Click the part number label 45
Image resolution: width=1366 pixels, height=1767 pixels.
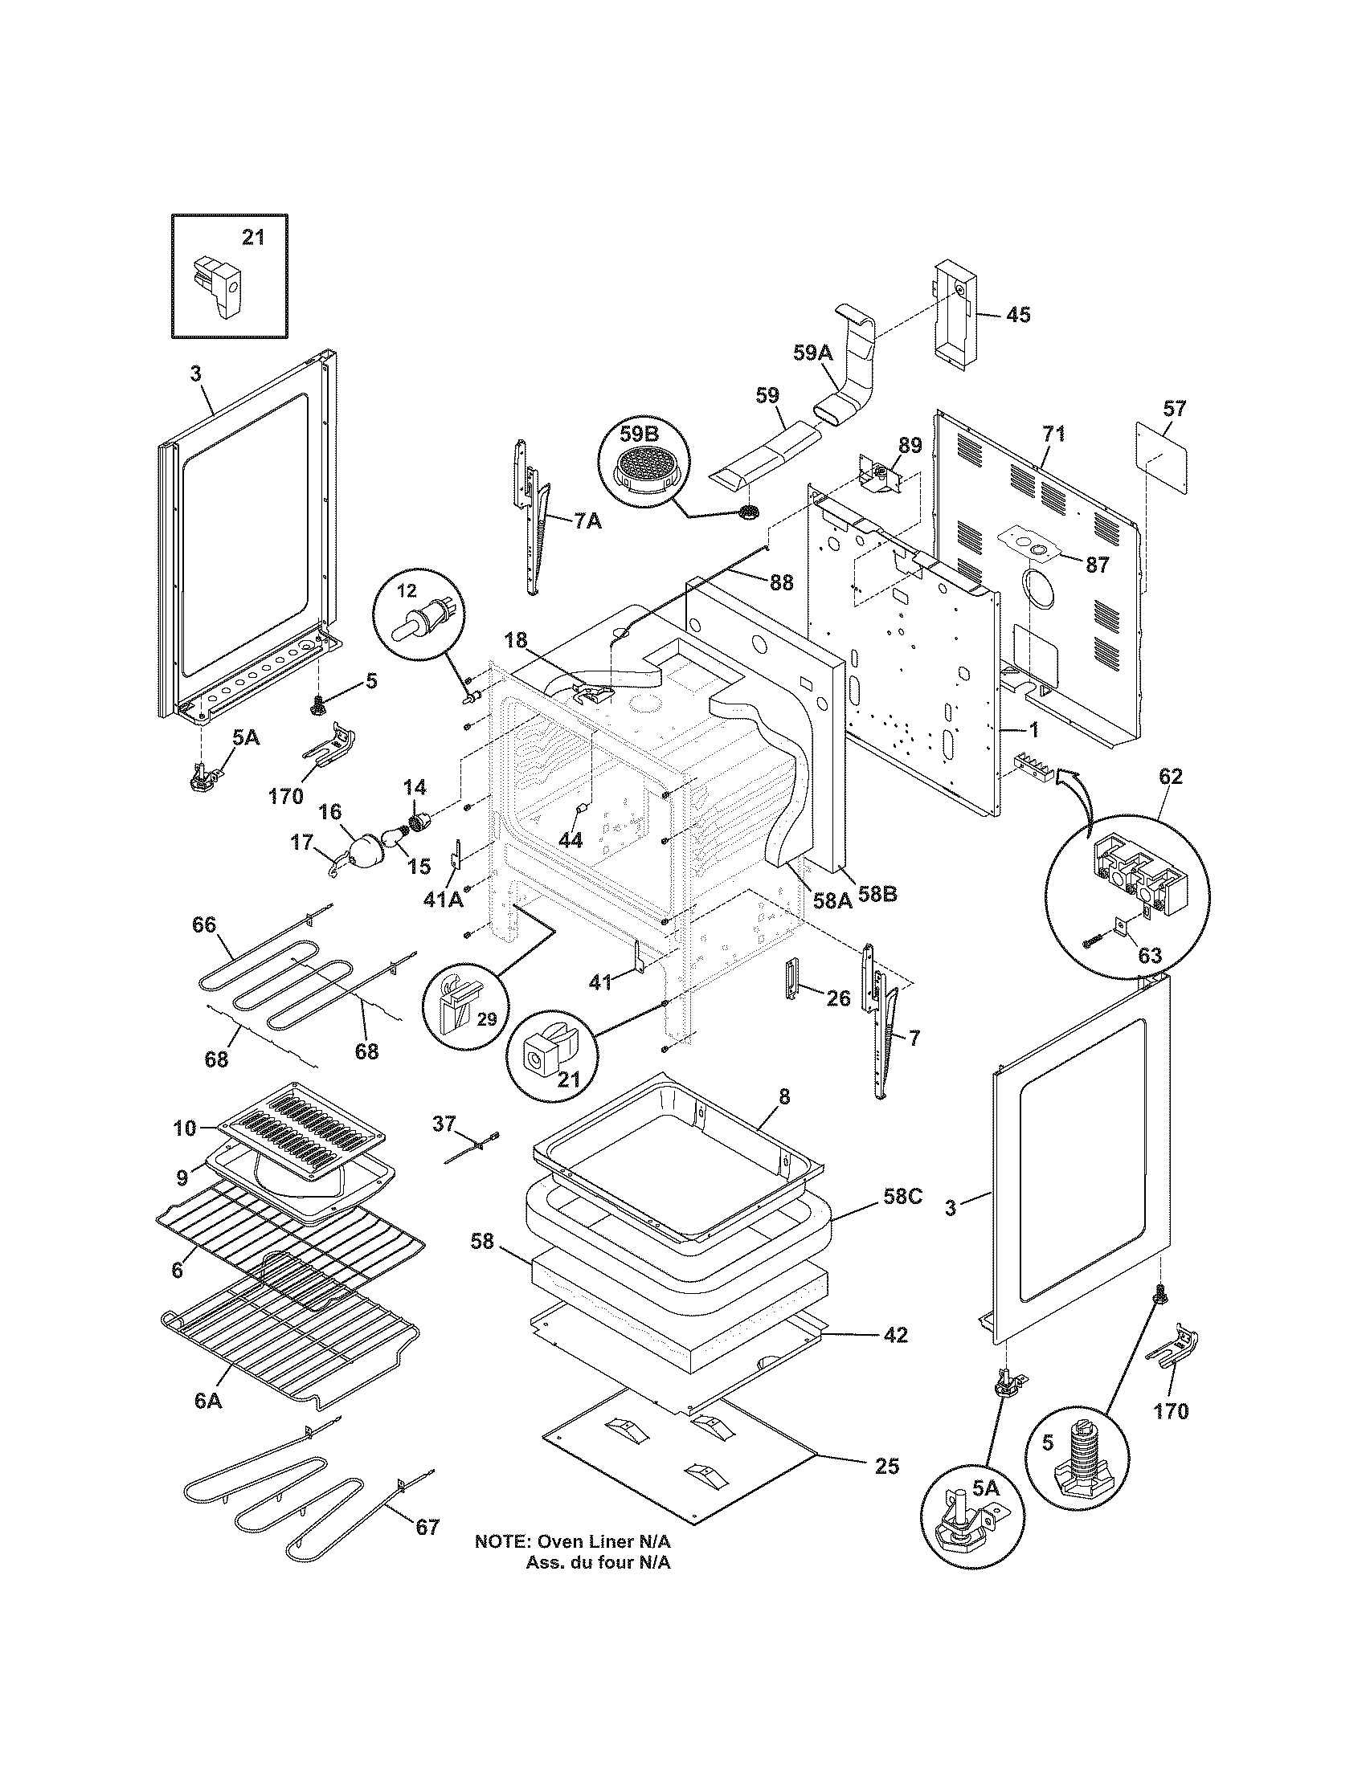1018,315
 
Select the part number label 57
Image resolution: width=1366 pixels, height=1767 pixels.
1174,409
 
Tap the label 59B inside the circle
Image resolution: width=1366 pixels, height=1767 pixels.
640,434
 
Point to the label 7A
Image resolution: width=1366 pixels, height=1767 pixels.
587,522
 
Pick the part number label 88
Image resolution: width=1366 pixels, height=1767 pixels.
781,582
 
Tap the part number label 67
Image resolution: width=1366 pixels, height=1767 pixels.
427,1527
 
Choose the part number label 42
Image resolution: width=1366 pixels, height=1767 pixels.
895,1335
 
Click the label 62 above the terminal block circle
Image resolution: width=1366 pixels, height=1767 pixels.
1170,777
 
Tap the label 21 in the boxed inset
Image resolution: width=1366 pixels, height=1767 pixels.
253,238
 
